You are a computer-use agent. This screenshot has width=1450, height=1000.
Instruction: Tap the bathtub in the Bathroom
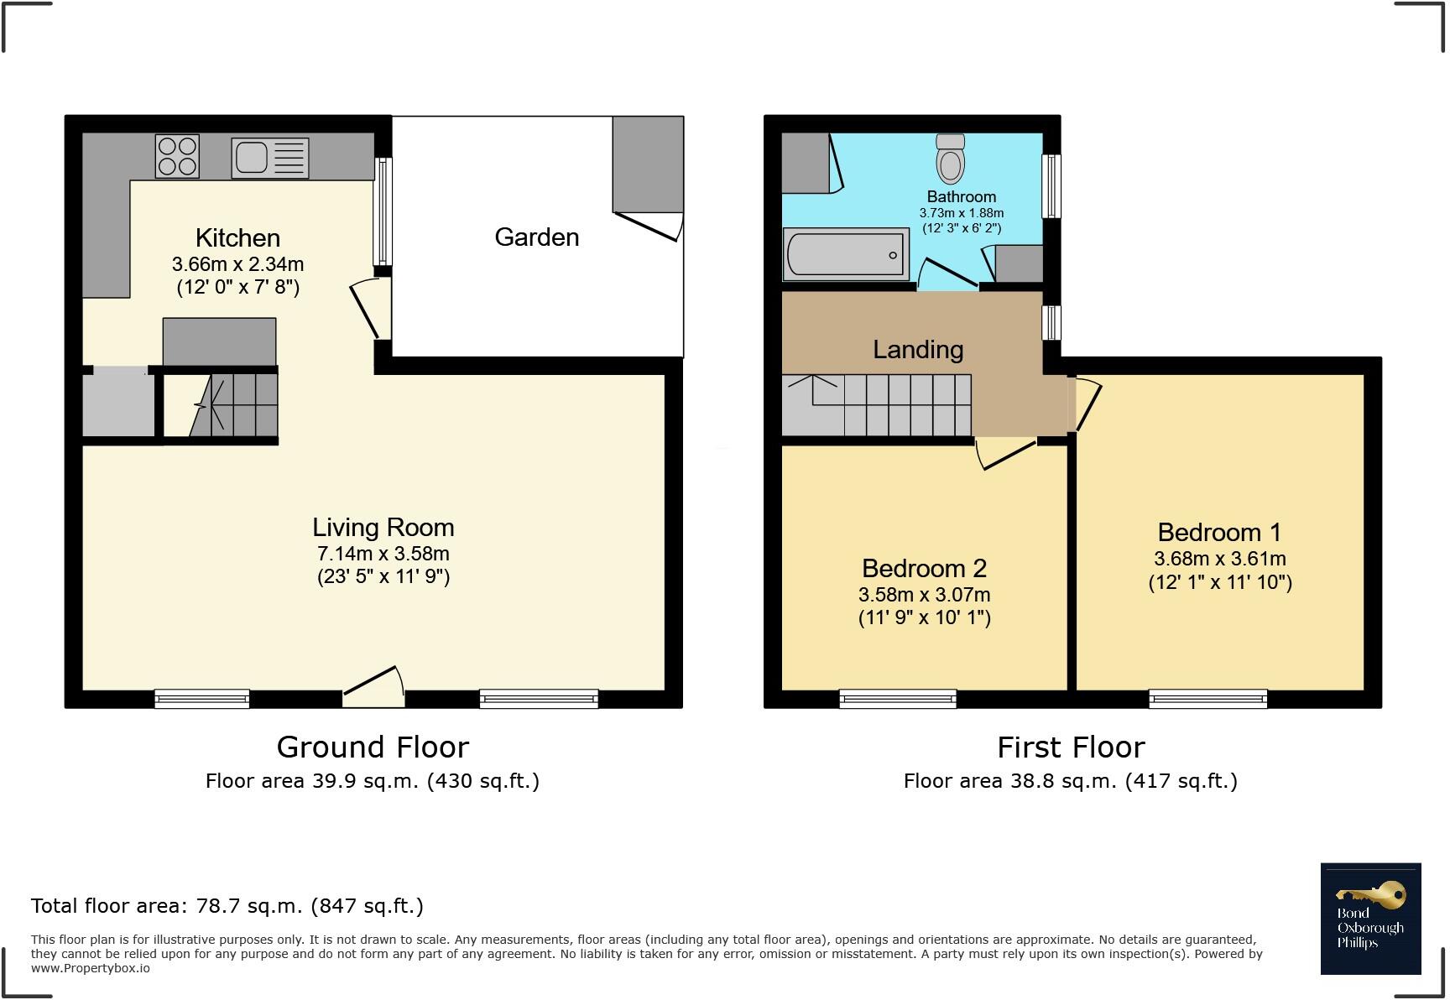(x=846, y=254)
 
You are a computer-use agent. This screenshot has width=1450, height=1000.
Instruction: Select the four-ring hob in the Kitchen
(x=177, y=156)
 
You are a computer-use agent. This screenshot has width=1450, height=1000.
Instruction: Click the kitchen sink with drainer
(x=270, y=158)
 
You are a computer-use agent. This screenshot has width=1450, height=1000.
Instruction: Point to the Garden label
(x=536, y=237)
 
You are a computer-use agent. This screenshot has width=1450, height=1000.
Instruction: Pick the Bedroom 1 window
(x=1207, y=699)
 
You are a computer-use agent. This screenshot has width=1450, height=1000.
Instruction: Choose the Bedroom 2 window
(x=898, y=699)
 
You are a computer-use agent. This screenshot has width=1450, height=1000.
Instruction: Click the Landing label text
(x=918, y=350)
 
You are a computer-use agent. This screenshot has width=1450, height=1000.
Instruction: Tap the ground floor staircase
(x=235, y=405)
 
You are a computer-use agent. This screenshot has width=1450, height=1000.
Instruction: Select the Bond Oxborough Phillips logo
(x=1370, y=919)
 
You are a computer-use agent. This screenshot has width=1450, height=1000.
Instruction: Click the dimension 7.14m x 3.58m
(x=383, y=554)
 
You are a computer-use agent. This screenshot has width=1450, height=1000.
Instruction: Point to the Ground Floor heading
(x=373, y=747)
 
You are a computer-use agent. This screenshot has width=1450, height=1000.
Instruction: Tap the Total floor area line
(x=227, y=906)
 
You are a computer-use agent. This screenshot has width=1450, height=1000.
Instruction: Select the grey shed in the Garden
(x=648, y=164)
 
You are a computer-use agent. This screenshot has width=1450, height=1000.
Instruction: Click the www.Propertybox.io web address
(x=91, y=968)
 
